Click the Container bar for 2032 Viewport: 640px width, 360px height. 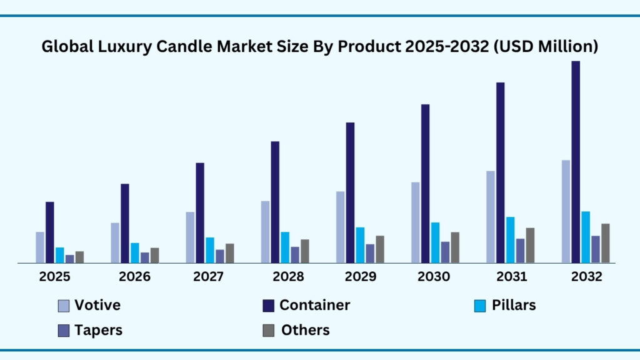click(576, 162)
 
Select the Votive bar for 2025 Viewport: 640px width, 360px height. click(40, 247)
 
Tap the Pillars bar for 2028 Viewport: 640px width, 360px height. click(285, 247)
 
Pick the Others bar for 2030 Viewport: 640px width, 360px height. click(455, 247)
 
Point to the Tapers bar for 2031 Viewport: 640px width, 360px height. click(520, 251)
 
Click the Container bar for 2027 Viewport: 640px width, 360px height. click(200, 212)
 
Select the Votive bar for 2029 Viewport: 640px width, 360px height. click(340, 227)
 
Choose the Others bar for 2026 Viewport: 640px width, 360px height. click(154, 255)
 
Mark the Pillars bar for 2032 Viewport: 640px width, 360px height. click(586, 237)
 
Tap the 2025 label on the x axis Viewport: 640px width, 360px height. click(54, 277)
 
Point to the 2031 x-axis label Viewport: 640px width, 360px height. click(511, 277)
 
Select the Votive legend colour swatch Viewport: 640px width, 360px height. click(64, 306)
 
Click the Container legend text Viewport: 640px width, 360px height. click(314, 305)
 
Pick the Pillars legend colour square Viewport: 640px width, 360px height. click(480, 306)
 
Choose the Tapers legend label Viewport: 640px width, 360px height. click(98, 330)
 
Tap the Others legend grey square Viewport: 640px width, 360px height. click(267, 331)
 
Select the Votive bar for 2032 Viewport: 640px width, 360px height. click(566, 211)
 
